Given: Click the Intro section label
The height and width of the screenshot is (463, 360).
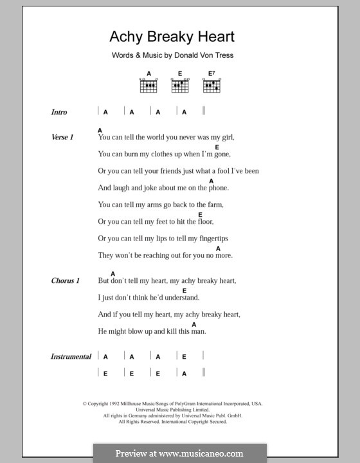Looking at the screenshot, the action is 59,112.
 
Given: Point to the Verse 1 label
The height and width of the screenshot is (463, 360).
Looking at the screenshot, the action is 63,137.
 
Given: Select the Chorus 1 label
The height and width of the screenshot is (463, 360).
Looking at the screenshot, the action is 66,281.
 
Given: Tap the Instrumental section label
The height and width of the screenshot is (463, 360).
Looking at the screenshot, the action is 71,356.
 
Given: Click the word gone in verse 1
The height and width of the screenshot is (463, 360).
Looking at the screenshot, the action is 220,154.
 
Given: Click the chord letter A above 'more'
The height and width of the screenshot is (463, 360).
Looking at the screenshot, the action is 218,248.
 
